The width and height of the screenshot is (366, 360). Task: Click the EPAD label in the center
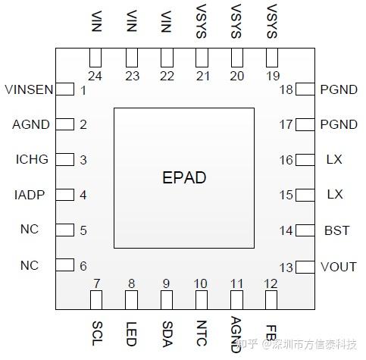click(184, 178)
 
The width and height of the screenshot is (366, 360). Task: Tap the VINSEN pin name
click(29, 89)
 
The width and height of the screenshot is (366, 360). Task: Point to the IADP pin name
click(30, 195)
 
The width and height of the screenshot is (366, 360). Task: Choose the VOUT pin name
click(339, 267)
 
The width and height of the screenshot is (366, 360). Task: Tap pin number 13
click(286, 268)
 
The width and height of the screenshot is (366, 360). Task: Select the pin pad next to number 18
click(304, 89)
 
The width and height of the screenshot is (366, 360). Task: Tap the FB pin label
click(271, 333)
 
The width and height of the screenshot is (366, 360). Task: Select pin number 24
click(95, 75)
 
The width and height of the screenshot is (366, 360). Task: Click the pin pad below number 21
click(201, 58)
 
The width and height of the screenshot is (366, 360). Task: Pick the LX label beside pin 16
click(334, 160)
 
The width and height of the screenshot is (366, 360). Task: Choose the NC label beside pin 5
click(30, 230)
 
